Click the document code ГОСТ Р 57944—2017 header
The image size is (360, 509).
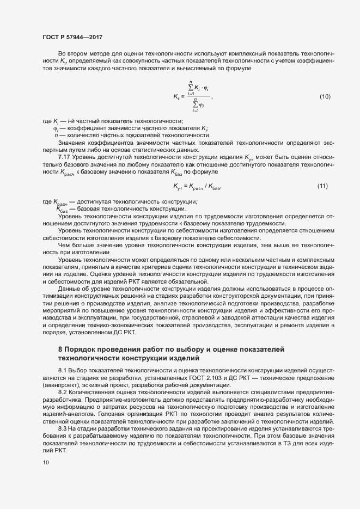72,37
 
